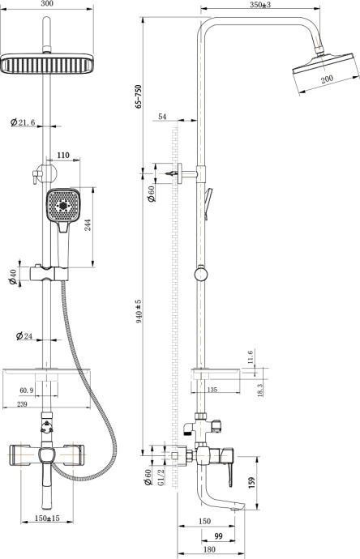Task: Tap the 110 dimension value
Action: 62,154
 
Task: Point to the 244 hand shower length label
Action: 87,224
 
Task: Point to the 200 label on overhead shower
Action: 326,79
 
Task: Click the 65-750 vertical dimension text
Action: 140,96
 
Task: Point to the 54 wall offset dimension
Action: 162,118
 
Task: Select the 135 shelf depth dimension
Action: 212,390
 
